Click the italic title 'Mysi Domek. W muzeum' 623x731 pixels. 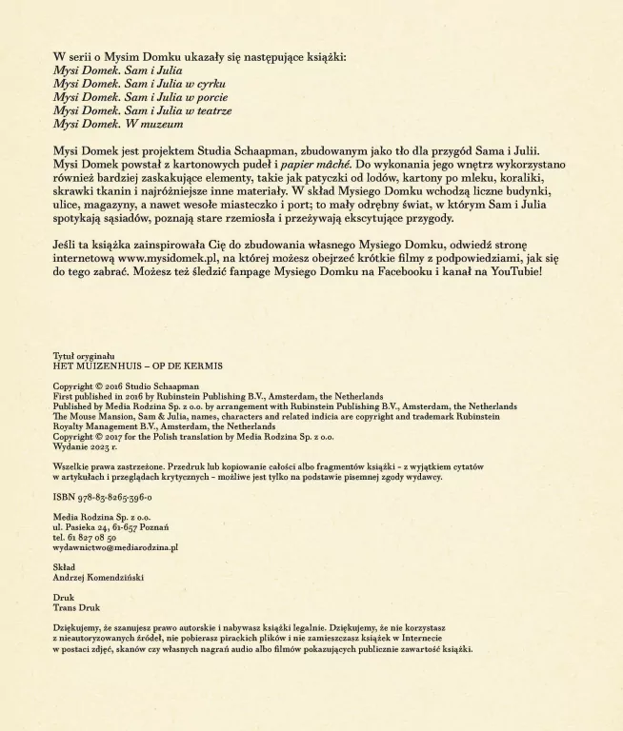tap(118, 124)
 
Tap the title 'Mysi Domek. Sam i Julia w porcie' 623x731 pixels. tap(140, 97)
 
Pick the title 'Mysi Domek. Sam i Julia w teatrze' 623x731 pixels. tap(143, 110)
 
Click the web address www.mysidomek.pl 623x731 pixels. tap(173, 257)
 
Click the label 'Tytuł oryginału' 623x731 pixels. tap(83, 355)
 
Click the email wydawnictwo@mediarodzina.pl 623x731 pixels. tap(115, 547)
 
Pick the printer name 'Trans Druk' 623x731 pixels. tap(75, 607)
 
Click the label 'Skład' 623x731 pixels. tap(65, 566)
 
